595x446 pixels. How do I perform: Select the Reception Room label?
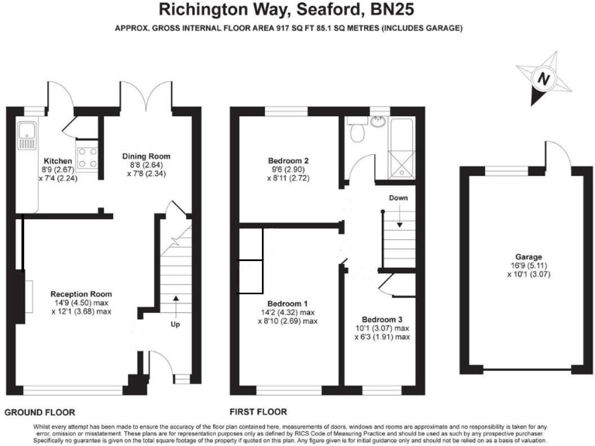81,294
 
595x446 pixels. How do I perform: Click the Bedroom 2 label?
287,161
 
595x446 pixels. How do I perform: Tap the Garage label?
529,257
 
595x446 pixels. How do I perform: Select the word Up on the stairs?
175,324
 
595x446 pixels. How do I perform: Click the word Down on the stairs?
398,198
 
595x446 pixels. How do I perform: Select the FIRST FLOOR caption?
258,412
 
